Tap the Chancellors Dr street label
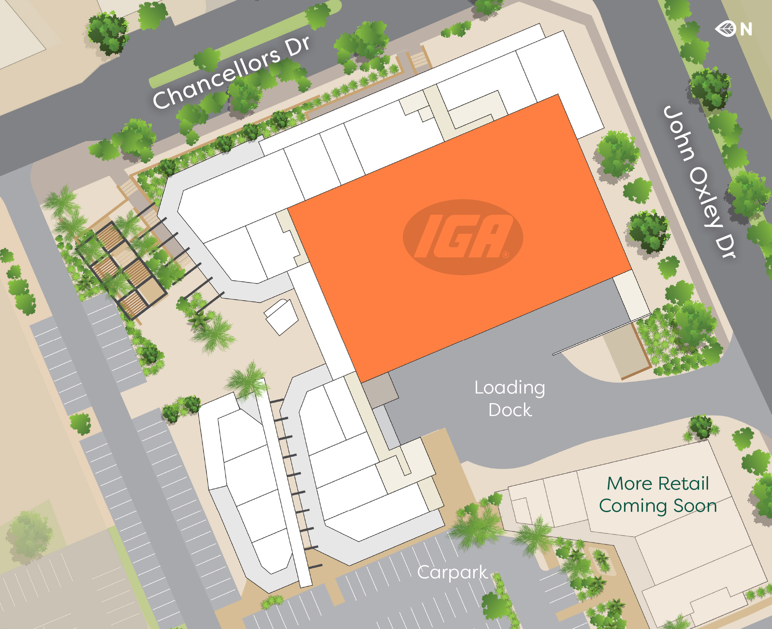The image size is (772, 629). pos(231,73)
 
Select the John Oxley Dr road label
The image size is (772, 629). pos(699,181)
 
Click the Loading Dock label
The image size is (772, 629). pos(510,398)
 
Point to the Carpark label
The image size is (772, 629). pos(452,573)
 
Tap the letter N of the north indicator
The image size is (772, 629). pos(746,29)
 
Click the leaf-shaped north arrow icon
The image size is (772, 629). pos(725,29)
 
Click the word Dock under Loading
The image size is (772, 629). pos(510,410)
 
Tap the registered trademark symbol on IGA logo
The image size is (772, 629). pos(505,255)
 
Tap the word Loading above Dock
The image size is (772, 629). pos(510,388)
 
